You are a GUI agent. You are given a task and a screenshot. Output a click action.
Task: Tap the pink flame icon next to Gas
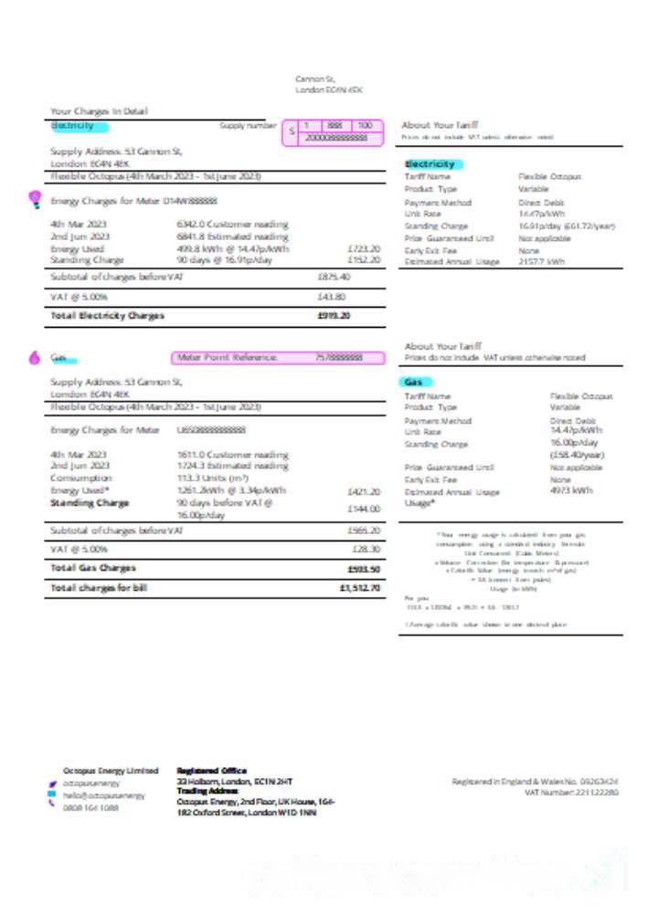(x=35, y=358)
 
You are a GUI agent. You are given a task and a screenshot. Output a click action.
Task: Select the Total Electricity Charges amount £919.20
(x=334, y=316)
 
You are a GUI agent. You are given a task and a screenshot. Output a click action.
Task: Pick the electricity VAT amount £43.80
(x=331, y=297)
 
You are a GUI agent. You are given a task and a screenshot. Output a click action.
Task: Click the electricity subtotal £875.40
(x=334, y=277)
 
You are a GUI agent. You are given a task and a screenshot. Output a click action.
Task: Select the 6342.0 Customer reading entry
(x=233, y=224)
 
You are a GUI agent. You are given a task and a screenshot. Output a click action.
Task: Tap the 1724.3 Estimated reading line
(x=232, y=466)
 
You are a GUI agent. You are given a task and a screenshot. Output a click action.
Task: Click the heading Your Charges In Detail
(x=99, y=111)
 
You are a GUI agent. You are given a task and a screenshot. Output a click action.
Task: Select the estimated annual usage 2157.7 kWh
(x=542, y=261)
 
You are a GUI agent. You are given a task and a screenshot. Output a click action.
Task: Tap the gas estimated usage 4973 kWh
(x=571, y=490)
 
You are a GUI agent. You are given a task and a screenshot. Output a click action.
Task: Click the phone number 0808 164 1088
(x=90, y=808)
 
